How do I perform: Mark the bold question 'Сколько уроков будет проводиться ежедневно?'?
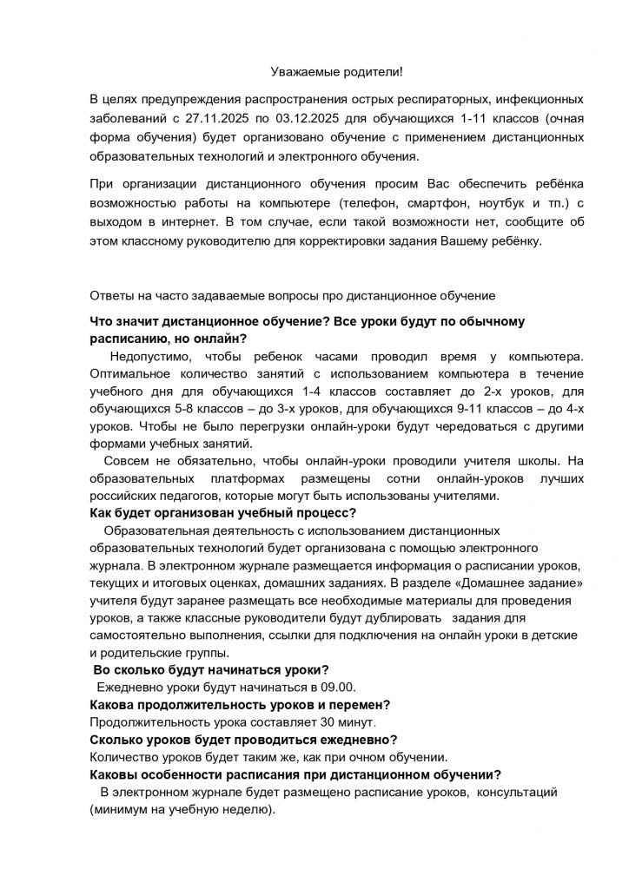tap(244, 739)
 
